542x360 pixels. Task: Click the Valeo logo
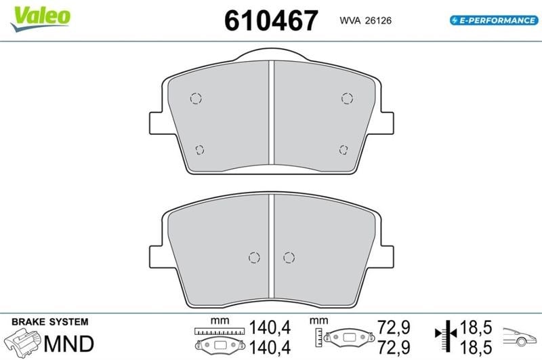(41, 18)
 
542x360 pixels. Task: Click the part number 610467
(271, 20)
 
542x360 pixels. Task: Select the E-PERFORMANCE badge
(494, 20)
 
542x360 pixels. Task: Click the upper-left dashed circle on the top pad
(196, 98)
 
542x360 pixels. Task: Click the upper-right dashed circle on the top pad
(347, 98)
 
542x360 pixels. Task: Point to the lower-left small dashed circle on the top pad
(200, 150)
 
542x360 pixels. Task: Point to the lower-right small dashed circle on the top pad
(343, 150)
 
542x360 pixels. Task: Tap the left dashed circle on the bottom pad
(255, 258)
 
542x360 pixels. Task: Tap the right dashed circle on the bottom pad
(289, 258)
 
